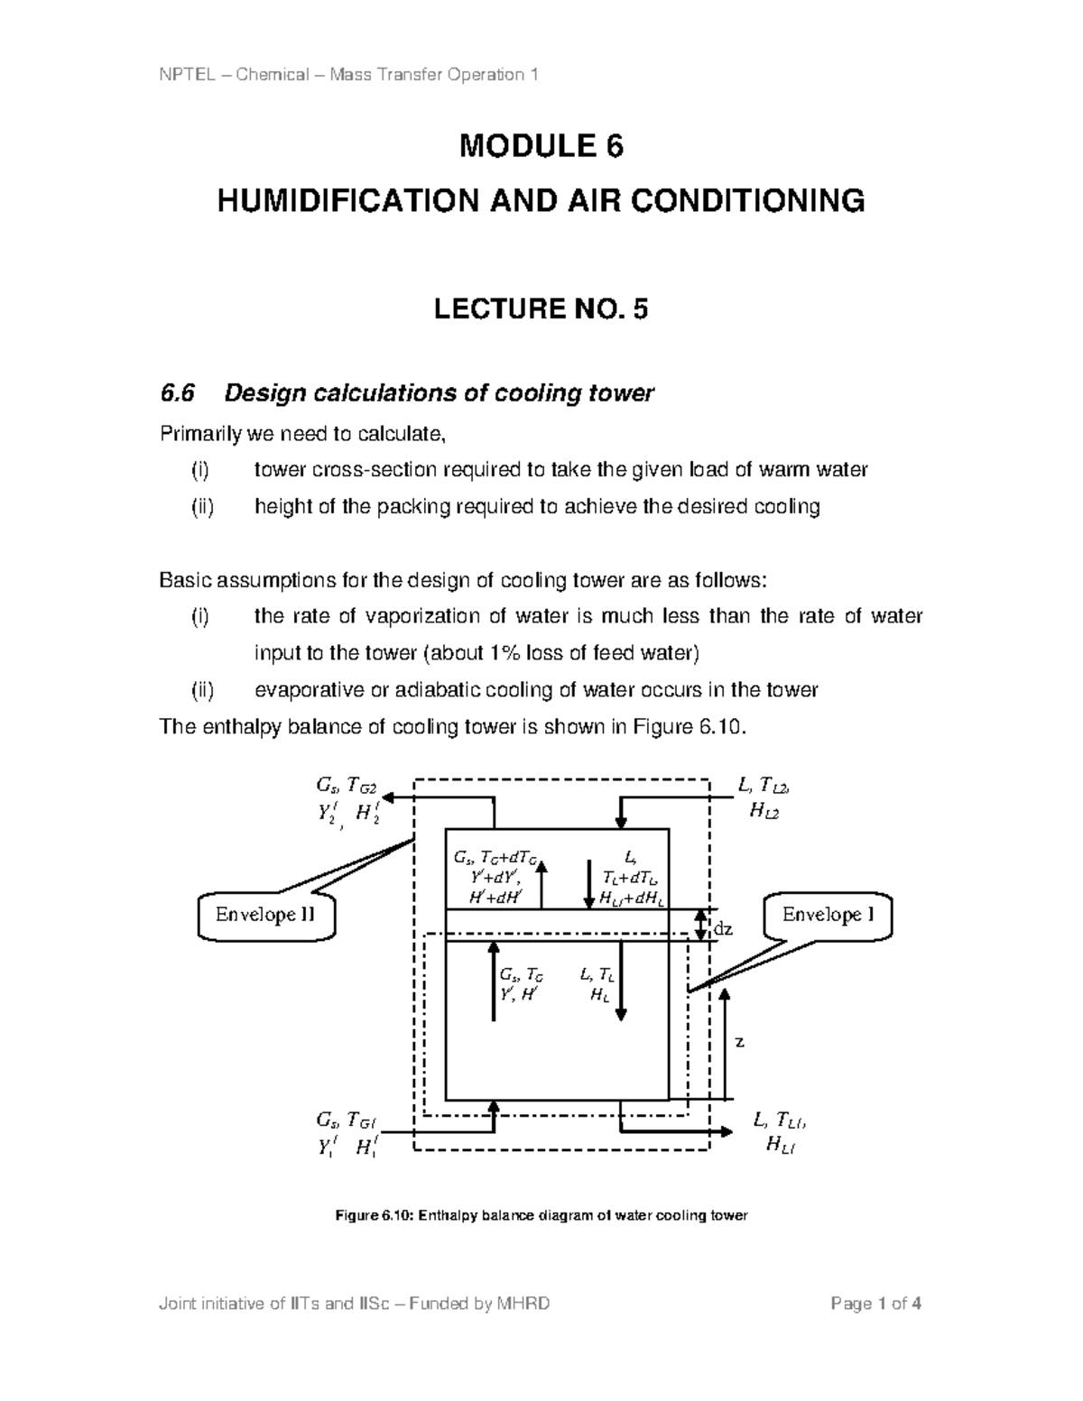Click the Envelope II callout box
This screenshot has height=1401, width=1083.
265,917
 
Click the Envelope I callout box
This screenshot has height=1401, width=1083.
828,916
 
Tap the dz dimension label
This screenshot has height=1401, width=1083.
724,928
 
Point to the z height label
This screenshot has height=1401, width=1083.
739,1042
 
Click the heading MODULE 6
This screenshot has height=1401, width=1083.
541,146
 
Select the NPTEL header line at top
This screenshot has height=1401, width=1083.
348,74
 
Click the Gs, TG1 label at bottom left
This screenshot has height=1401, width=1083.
347,1121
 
